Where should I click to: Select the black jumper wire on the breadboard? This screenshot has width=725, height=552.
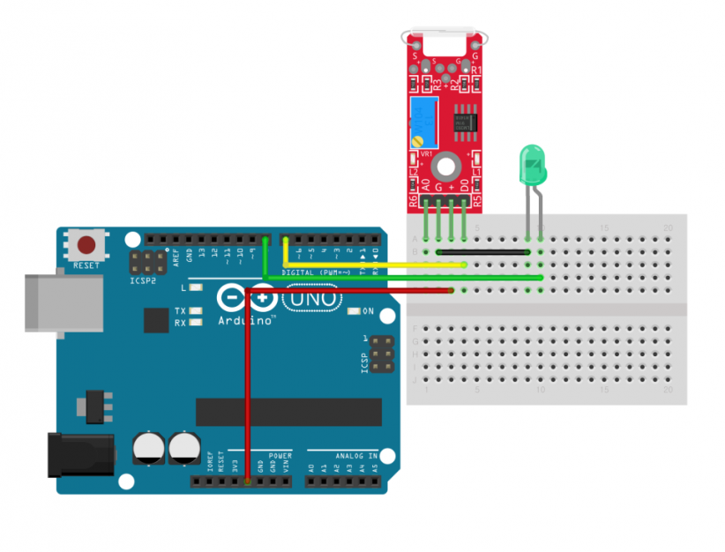(483, 252)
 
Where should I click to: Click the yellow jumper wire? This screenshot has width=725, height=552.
(370, 265)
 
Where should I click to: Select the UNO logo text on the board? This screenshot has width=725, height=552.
(310, 299)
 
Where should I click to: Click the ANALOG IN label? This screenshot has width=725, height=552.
(355, 456)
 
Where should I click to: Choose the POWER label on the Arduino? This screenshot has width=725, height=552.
(280, 456)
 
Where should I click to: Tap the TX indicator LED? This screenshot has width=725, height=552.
(194, 311)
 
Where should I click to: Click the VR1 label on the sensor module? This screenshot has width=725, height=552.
(424, 154)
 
